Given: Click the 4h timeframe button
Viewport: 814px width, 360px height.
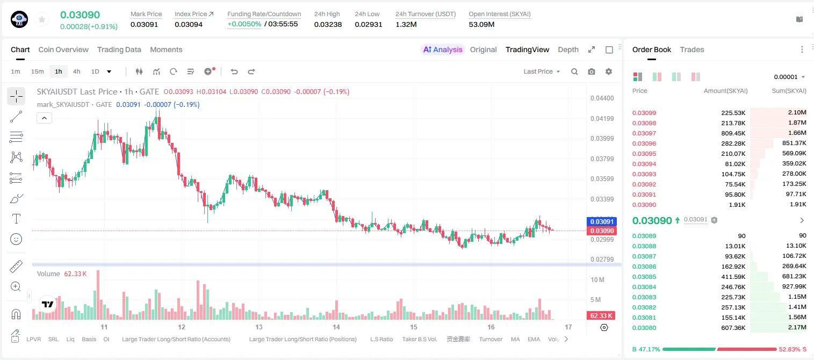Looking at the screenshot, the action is click(76, 71).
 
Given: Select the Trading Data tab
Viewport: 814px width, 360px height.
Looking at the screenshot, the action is click(119, 49).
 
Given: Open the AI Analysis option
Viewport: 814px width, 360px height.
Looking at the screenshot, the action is click(443, 49).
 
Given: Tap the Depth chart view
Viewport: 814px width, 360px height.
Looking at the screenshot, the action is click(568, 49).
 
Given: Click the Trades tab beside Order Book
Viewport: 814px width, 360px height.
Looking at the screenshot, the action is click(691, 49).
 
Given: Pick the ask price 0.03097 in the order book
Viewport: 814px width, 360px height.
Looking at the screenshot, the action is click(644, 133).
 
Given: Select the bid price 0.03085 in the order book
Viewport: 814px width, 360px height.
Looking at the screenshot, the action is click(644, 277).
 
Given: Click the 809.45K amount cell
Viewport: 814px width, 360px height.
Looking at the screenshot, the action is click(733, 133).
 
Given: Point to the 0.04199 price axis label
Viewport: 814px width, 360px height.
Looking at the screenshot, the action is click(602, 118).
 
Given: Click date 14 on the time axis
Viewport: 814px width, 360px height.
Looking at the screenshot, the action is click(336, 327).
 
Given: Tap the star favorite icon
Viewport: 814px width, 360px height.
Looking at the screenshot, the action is click(42, 19).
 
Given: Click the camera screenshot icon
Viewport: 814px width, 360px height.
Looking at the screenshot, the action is click(592, 71).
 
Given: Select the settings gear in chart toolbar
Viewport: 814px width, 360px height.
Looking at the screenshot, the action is click(609, 71).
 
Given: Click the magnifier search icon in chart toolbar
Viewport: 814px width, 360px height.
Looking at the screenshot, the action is click(574, 71).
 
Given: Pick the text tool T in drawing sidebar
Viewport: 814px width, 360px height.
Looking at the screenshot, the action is click(16, 219).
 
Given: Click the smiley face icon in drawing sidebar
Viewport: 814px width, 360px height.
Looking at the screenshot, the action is click(16, 239).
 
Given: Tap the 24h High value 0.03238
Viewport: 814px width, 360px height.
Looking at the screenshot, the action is click(328, 24).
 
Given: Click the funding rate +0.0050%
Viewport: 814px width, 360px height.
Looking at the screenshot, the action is click(244, 24).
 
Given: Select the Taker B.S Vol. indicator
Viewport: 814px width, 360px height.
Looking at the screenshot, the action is click(419, 339).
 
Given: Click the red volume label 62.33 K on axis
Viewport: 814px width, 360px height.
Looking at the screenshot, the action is click(601, 316).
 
